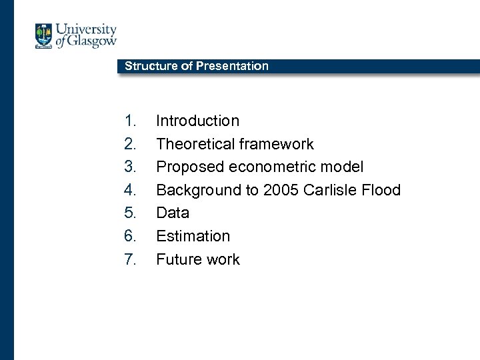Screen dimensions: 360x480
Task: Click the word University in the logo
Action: [x=85, y=30]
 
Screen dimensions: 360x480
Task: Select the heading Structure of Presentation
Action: [x=197, y=66]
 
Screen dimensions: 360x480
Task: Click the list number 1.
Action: [x=129, y=121]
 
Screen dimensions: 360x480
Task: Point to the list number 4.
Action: [x=129, y=191]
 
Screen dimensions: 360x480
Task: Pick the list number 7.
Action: [x=129, y=260]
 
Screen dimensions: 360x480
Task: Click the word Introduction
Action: [x=197, y=121]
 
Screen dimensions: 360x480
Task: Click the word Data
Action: [x=173, y=213]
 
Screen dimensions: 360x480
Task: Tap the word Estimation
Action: [x=193, y=237]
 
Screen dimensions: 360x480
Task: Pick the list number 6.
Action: [x=129, y=237]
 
